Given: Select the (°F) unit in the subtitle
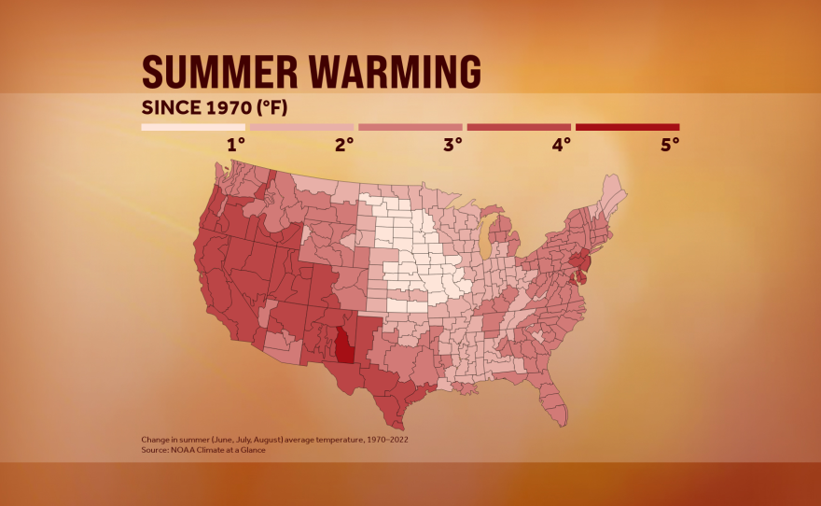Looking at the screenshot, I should (x=266, y=106).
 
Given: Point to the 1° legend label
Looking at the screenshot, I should (x=236, y=145).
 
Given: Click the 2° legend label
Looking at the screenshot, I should (x=344, y=145).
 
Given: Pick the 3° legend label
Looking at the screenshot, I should (x=452, y=145).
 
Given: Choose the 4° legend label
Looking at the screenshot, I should (x=561, y=145).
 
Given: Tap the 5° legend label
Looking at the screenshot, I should (x=669, y=145).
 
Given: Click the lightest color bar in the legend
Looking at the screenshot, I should (x=193, y=127).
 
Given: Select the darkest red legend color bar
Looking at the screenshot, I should (x=627, y=127).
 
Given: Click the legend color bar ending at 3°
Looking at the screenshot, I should (x=410, y=127).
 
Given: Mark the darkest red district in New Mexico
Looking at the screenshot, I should (x=345, y=345).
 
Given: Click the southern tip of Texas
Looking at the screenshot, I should (x=403, y=420).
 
